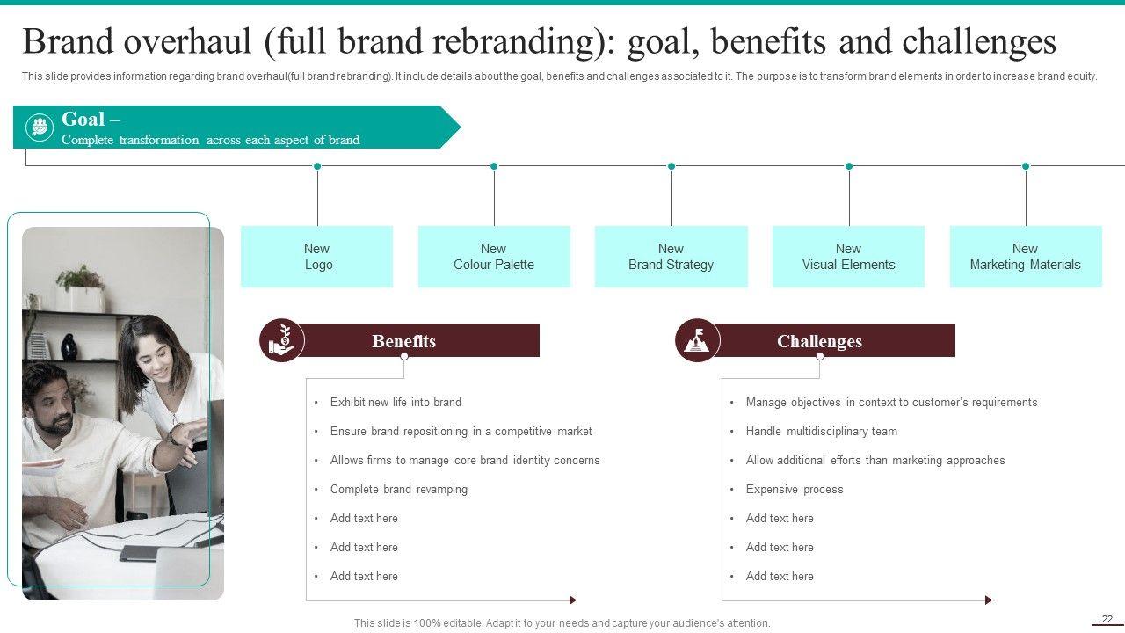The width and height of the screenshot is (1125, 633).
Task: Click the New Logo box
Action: tap(316, 257)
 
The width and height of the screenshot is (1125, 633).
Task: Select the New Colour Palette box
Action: tap(494, 257)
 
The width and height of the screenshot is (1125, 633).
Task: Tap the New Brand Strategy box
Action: tap(671, 257)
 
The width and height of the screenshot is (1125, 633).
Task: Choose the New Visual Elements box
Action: tap(848, 257)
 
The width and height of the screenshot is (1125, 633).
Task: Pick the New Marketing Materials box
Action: tap(1025, 257)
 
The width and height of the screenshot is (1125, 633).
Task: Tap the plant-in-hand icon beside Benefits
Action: tap(281, 341)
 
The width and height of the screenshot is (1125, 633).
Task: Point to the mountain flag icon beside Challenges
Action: tap(697, 341)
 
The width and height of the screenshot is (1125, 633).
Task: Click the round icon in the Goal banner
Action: tap(39, 127)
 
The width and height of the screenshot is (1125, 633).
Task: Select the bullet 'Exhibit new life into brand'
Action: tap(396, 402)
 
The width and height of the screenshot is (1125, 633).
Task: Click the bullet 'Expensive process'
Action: tap(794, 489)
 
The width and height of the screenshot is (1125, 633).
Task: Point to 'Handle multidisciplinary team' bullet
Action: tap(821, 431)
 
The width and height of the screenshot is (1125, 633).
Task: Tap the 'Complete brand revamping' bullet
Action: tap(398, 489)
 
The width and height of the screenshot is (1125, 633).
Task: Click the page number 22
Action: tap(1107, 619)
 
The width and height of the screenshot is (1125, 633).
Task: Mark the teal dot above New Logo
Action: tap(317, 166)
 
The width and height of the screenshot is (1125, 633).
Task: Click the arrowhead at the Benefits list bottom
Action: tap(573, 600)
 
